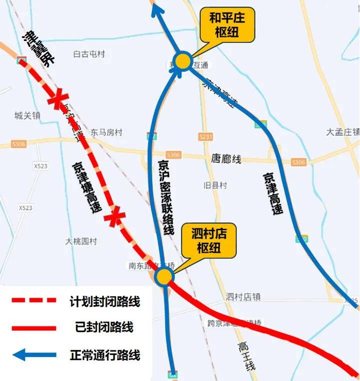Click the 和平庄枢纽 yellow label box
tap(227, 25)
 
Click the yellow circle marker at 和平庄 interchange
tap(183, 61)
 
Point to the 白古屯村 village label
tap(89, 54)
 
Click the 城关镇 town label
tap(27, 116)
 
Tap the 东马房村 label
tap(106, 133)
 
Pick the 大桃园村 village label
tap(81, 241)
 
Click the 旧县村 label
tap(215, 185)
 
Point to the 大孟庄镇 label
tap(343, 132)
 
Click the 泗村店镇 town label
tap(243, 297)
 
